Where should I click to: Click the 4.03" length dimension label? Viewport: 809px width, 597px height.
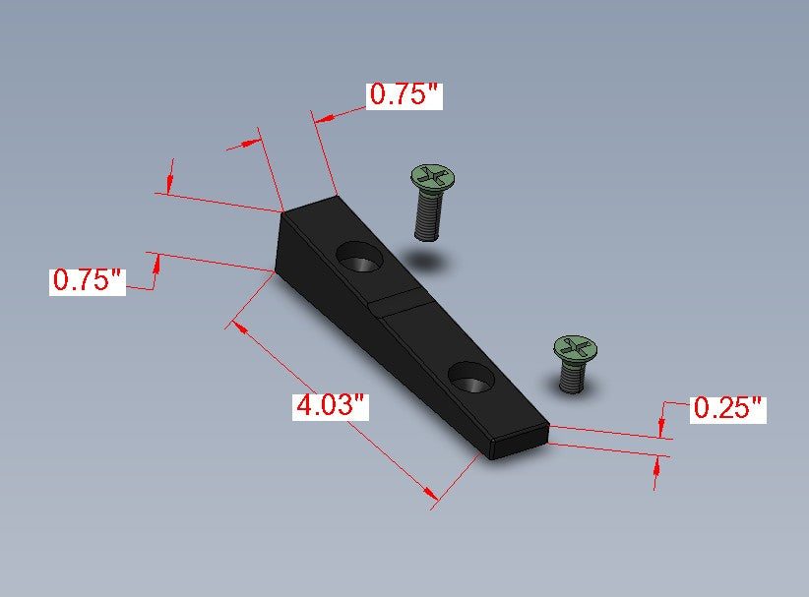click(x=331, y=406)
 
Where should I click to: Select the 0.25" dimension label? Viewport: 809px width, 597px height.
click(x=728, y=409)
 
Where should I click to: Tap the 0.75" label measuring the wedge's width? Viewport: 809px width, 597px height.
click(x=404, y=95)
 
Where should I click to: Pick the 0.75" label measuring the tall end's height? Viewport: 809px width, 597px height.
click(x=88, y=281)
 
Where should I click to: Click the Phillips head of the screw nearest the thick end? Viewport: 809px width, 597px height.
click(x=433, y=176)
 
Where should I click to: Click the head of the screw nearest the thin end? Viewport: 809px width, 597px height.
click(x=576, y=347)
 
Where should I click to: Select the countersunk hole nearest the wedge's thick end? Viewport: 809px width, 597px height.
click(x=360, y=257)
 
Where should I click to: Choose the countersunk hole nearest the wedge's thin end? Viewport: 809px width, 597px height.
click(x=471, y=378)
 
